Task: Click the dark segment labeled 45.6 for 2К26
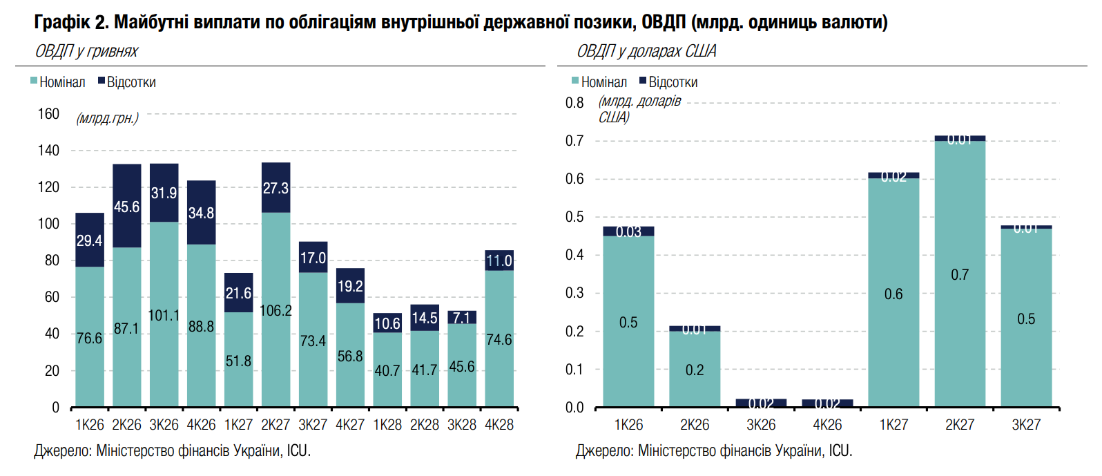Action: pyautogui.click(x=126, y=206)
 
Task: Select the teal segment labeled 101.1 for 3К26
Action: pyautogui.click(x=164, y=314)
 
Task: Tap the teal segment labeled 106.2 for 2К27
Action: pyautogui.click(x=275, y=310)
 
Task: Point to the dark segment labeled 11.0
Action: pyautogui.click(x=499, y=260)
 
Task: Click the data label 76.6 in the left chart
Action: pyautogui.click(x=89, y=339)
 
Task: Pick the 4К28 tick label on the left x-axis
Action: pyautogui.click(x=499, y=425)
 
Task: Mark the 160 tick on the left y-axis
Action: pyautogui.click(x=48, y=114)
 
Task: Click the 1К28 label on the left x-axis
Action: pyautogui.click(x=387, y=425)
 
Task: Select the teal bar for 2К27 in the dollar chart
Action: pyautogui.click(x=960, y=274)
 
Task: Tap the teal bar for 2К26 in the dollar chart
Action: pyautogui.click(x=695, y=369)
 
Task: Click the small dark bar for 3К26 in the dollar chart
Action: pyautogui.click(x=761, y=403)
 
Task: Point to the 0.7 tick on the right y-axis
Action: pyautogui.click(x=574, y=141)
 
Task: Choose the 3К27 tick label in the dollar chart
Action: pyautogui.click(x=1026, y=425)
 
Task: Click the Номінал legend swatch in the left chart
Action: pyautogui.click(x=34, y=82)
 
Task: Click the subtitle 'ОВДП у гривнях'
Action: pyautogui.click(x=86, y=51)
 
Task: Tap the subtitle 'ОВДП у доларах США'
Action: pyautogui.click(x=646, y=51)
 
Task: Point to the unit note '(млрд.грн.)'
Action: pyautogui.click(x=107, y=118)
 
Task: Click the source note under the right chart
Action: pyautogui.click(x=714, y=451)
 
